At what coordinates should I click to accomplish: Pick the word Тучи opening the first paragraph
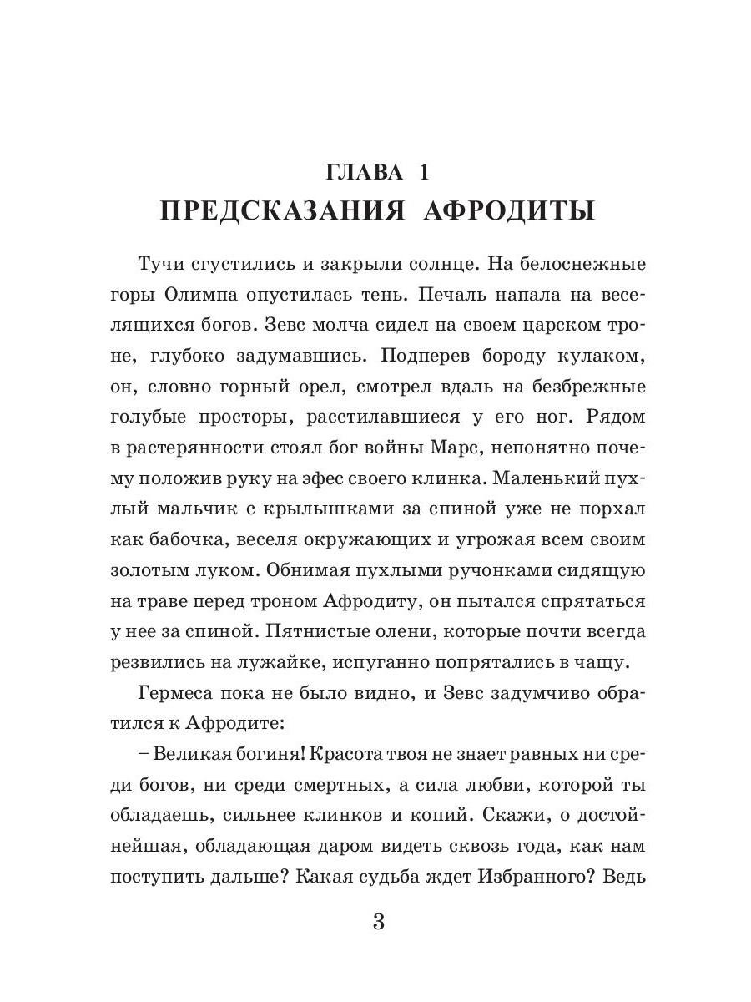[163, 266]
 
